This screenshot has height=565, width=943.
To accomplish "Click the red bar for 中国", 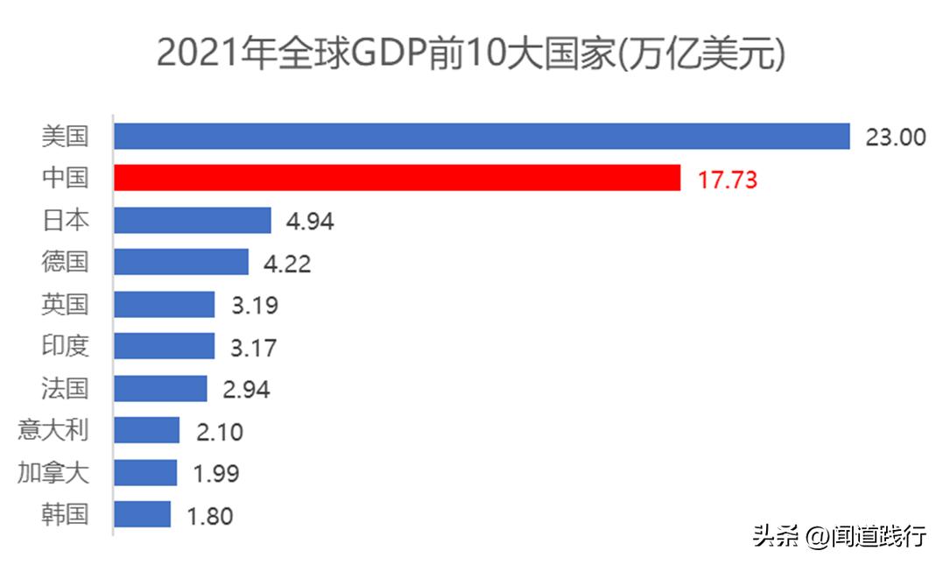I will pos(397,178).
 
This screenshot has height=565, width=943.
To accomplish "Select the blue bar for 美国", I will pos(482,136).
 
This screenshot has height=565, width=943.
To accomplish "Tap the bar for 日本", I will pos(193,220).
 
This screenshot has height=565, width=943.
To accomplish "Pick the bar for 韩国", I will pos(142,514).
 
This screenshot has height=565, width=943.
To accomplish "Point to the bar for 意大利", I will pos(146,430).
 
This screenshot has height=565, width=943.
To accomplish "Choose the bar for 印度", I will pos(164,346).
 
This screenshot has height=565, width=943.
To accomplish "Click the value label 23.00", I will pos(895,138).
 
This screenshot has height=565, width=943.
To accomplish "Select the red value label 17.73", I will pos(727,180).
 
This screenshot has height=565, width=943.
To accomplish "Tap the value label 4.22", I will pos(287,263).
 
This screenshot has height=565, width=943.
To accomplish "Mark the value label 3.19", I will pos(253,306).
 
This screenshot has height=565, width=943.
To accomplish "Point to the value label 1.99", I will pos(215,474).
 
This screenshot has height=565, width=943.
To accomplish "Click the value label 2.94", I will pos(246,389).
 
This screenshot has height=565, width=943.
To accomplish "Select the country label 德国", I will pos(65,262).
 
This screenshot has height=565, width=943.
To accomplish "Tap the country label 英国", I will pos(65,304).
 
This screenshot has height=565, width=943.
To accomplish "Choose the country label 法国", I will pos(65,388).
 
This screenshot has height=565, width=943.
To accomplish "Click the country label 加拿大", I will pos(53,472).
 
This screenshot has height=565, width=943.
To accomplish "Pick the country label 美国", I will pos(65,136).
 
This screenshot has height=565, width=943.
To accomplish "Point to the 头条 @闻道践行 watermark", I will pos(839,536).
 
